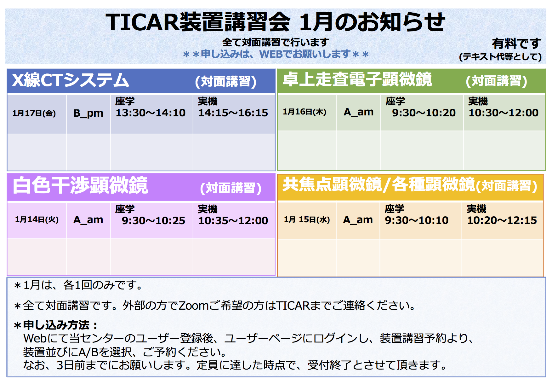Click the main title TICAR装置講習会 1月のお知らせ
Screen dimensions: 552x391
pos(276,22)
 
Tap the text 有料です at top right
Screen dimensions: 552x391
pos(516,44)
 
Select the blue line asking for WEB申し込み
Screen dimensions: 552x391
pos(276,54)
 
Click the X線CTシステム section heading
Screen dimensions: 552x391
pos(71,80)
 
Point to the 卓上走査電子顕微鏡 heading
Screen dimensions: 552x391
pos(357,79)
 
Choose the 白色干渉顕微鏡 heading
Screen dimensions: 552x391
pos(80,185)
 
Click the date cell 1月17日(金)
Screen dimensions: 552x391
pos(34,113)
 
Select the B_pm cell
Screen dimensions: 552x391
pos(88,113)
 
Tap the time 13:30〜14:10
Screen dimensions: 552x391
pos(151,113)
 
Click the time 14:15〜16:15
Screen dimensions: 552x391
pos(233,113)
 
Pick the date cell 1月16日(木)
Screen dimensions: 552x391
pos(304,112)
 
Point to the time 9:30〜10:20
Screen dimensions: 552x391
pos(424,113)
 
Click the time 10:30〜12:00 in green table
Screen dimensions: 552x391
pos(504,113)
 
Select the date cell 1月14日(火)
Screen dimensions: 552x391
pos(37,219)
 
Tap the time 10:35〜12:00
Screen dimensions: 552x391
pos(233,220)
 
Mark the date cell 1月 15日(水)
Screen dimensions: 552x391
pos(307,219)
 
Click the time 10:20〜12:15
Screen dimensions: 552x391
pos(502,220)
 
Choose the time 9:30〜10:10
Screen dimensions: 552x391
pos(417,220)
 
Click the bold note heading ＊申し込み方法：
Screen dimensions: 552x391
pos(56,325)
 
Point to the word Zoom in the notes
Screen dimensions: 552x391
pos(194,305)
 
